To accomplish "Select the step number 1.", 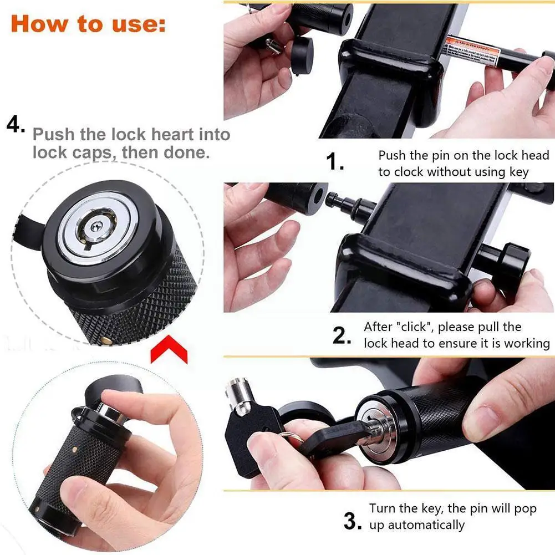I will tap(334, 162).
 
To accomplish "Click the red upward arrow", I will tap(169, 352).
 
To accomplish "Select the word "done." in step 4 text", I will tap(187, 152).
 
